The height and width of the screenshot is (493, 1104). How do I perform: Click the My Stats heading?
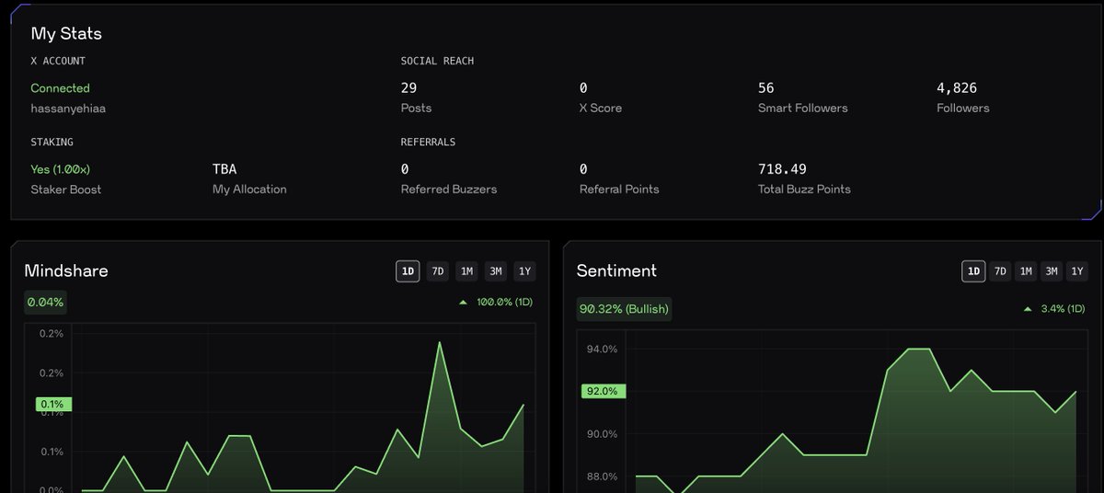click(66, 34)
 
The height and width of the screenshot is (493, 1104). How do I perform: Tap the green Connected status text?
click(60, 88)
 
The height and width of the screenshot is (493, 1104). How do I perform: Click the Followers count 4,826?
click(957, 88)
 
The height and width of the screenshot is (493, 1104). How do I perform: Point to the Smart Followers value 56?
click(765, 88)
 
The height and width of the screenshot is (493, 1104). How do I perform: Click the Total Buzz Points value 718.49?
click(781, 169)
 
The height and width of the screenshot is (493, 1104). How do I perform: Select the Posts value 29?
click(408, 88)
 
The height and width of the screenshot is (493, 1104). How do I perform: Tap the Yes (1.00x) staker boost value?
click(61, 169)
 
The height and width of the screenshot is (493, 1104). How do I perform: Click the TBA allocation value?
click(224, 169)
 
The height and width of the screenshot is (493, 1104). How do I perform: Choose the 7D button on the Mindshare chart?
click(438, 271)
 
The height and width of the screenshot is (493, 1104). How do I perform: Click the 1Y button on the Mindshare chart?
click(524, 271)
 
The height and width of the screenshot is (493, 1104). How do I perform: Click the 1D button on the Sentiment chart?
click(973, 271)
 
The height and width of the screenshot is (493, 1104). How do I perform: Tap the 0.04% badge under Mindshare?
click(46, 303)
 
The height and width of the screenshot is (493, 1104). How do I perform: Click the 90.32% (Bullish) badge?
click(624, 308)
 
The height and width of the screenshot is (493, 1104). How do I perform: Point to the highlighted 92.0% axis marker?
click(603, 391)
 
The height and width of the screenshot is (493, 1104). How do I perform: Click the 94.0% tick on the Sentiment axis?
click(602, 350)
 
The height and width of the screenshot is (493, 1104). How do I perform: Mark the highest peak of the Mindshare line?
click(440, 343)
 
